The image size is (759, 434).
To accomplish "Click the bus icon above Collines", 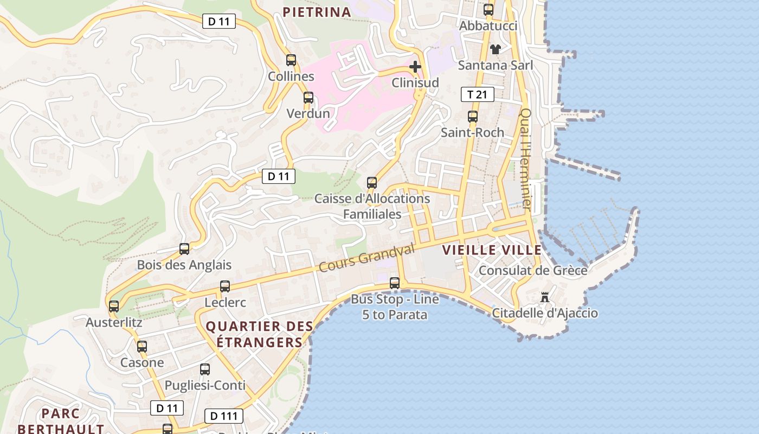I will (x=291, y=60).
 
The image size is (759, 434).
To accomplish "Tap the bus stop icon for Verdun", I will (x=308, y=98).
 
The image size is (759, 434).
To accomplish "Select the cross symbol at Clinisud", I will (x=415, y=67).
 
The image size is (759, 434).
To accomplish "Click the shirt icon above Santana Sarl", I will (x=495, y=49).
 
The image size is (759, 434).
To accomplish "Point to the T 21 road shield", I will (x=477, y=94).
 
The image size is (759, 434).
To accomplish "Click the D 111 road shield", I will (x=224, y=416).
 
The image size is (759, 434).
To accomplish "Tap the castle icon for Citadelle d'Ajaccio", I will (x=545, y=297).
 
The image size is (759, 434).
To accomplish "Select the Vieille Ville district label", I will (x=492, y=250).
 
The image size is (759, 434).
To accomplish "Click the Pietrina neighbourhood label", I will (x=317, y=12).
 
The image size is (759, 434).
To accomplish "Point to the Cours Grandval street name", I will (x=366, y=258).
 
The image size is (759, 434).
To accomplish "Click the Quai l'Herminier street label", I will (x=526, y=159).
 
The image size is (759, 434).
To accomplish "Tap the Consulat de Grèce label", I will (x=533, y=270).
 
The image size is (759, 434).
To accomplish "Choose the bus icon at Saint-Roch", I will (x=473, y=117).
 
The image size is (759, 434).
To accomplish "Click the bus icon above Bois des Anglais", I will (x=184, y=249).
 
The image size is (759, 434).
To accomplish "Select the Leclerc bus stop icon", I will (x=225, y=286).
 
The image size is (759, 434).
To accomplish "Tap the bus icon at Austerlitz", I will (x=114, y=307).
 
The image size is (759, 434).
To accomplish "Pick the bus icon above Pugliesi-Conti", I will (x=205, y=369).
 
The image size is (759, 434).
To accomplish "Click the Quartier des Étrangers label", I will (x=260, y=334).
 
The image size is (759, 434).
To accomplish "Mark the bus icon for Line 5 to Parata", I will (x=395, y=283).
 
